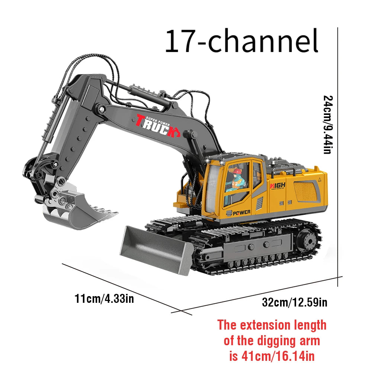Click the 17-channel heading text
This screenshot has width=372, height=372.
(x=242, y=42)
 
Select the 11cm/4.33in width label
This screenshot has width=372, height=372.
(x=104, y=298)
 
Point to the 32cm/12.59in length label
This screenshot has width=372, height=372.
(x=295, y=302)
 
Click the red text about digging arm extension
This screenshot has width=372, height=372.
(x=272, y=341)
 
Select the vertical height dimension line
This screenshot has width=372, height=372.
(x=338, y=156)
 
